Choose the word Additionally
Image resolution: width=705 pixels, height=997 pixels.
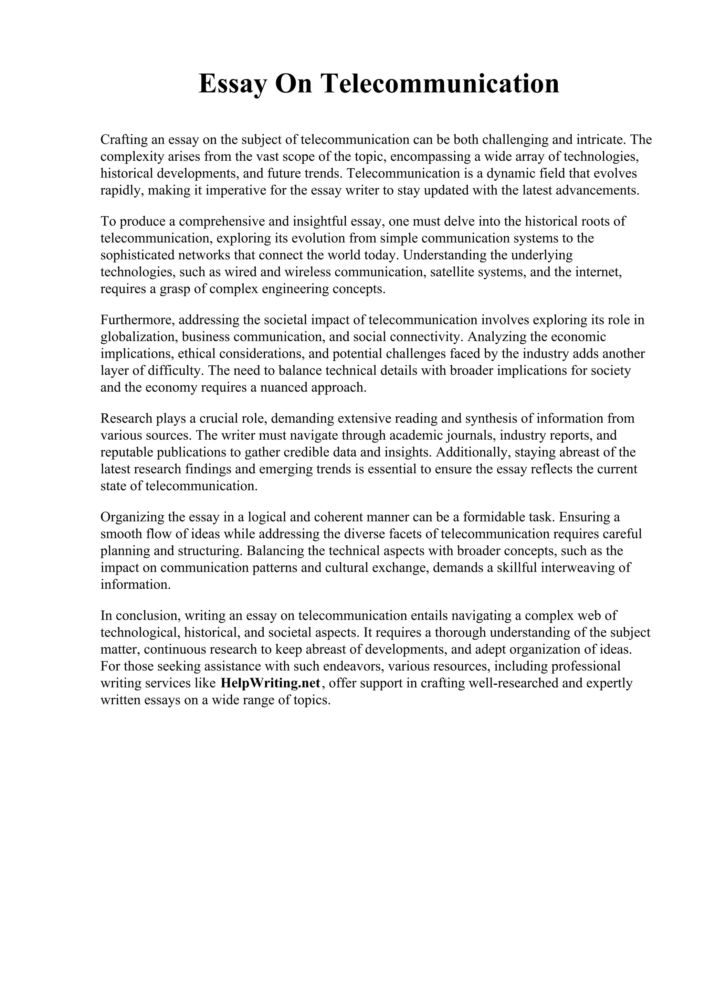(472, 452)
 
